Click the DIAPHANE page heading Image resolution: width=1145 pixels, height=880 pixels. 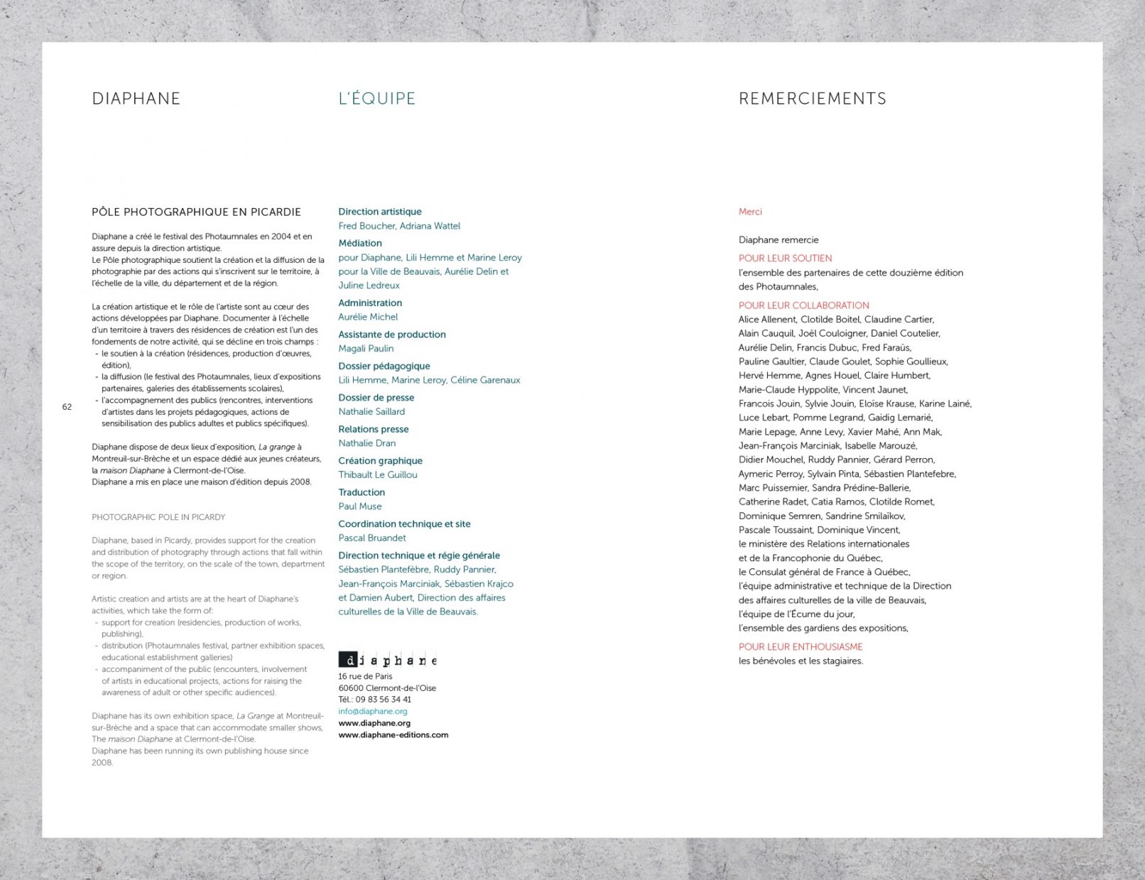[x=136, y=98]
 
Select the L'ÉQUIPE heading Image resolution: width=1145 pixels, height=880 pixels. [x=376, y=98]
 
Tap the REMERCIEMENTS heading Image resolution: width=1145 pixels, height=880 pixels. [x=812, y=98]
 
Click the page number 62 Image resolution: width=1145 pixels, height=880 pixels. [x=67, y=407]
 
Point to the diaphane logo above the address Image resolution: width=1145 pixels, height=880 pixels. [x=387, y=660]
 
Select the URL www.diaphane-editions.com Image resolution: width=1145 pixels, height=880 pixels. [x=393, y=734]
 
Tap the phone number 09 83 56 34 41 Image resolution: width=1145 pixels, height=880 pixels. [x=383, y=700]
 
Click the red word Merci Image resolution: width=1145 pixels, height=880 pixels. [x=749, y=212]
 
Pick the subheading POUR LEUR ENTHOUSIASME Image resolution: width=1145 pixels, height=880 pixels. [x=800, y=646]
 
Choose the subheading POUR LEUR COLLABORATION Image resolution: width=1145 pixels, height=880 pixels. [x=803, y=305]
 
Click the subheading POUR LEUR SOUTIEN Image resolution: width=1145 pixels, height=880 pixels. [x=785, y=259]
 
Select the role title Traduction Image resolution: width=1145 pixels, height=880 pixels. [x=361, y=492]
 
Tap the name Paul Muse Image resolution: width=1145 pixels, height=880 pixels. [x=359, y=506]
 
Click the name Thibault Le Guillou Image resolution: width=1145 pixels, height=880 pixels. [x=377, y=474]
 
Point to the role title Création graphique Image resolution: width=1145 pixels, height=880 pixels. [x=380, y=461]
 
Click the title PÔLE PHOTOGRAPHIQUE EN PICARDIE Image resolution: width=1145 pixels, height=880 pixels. [x=196, y=212]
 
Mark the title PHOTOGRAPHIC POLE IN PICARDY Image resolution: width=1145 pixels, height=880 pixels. [x=158, y=517]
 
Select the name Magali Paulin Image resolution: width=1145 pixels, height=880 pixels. [x=365, y=348]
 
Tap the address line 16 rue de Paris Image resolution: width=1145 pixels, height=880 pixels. [x=364, y=676]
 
